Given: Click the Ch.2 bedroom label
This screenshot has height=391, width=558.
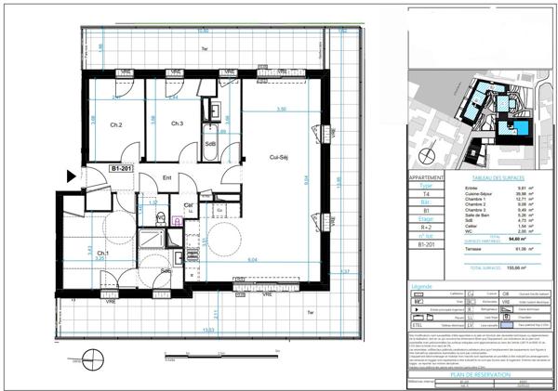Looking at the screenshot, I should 117,124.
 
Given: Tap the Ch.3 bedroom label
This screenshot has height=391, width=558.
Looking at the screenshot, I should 178,124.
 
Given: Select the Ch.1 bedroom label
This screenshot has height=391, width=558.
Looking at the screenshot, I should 102,253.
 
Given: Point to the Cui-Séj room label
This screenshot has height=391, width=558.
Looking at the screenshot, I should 271,157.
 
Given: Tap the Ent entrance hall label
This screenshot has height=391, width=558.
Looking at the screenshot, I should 168,177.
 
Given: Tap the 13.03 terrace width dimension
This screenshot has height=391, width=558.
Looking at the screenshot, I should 207,331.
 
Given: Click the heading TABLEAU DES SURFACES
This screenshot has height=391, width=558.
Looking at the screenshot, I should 498,176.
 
